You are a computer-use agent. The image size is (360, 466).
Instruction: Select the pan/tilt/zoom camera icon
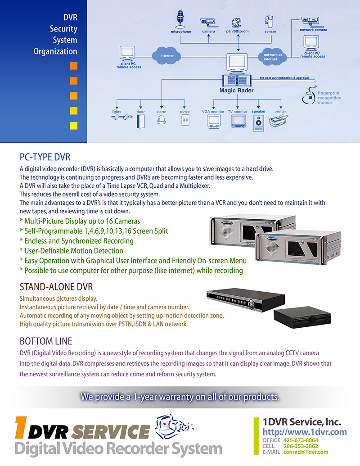[x=236, y=23]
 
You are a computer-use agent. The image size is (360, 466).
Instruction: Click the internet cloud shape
[x=166, y=56]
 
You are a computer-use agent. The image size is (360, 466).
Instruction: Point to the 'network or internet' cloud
[x=270, y=57]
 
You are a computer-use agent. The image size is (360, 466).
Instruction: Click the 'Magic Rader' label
[x=236, y=90]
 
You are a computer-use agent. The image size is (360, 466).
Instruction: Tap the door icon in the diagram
[x=140, y=121]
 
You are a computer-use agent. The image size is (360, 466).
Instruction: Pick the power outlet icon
[x=185, y=121]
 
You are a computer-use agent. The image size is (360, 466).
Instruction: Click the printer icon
[x=280, y=122]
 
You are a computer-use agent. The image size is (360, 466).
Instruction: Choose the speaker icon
[x=258, y=122]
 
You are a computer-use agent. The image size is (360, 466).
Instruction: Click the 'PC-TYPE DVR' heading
[x=45, y=157]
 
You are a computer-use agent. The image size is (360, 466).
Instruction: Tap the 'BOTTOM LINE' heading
[x=46, y=341]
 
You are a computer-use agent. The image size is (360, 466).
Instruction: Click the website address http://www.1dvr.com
[x=305, y=432]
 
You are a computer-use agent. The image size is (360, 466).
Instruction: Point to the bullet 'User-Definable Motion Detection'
[x=72, y=251]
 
